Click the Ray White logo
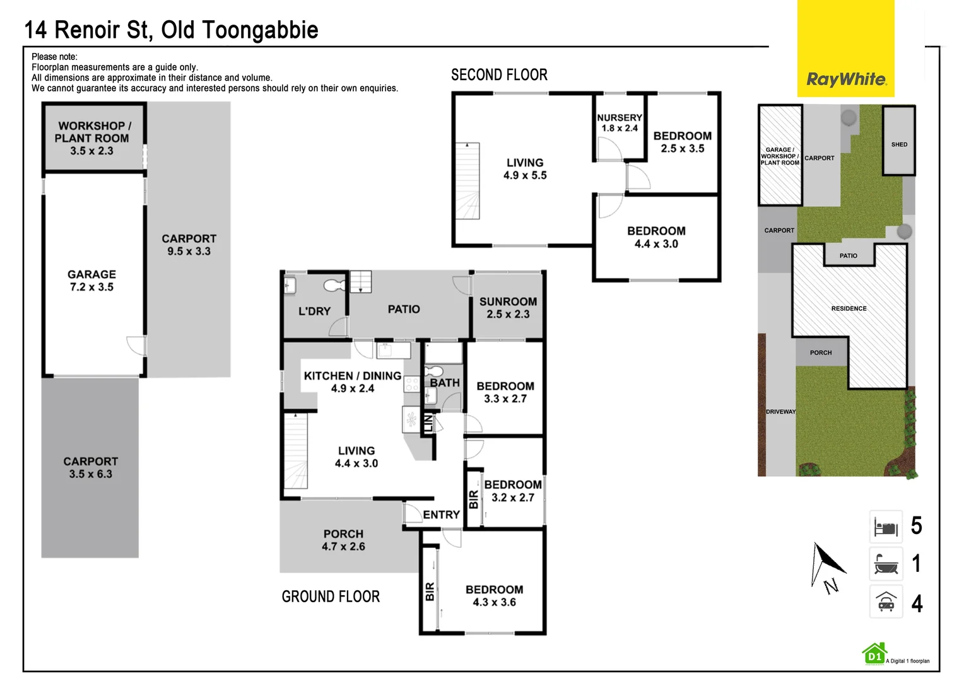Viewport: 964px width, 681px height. pyautogui.click(x=845, y=79)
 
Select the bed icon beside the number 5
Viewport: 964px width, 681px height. pyautogui.click(x=886, y=527)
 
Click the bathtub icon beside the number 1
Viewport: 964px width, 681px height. pyautogui.click(x=886, y=564)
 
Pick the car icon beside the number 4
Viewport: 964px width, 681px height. pyautogui.click(x=886, y=602)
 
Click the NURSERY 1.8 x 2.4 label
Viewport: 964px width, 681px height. pyautogui.click(x=619, y=123)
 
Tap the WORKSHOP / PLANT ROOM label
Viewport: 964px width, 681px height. pyautogui.click(x=92, y=138)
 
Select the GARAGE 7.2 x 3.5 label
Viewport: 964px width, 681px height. pyautogui.click(x=92, y=281)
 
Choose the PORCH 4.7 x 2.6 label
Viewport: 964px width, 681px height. pyautogui.click(x=343, y=540)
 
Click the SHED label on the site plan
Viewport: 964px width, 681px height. pyautogui.click(x=899, y=144)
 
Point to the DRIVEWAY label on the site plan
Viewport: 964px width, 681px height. pyautogui.click(x=780, y=412)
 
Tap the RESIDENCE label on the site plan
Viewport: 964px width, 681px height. pyautogui.click(x=849, y=308)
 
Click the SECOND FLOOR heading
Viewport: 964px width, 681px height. pyautogui.click(x=499, y=75)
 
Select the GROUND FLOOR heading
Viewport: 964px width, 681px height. pyautogui.click(x=331, y=597)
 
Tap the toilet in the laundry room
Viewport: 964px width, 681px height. pyautogui.click(x=334, y=286)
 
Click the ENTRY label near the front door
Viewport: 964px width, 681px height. pyautogui.click(x=441, y=515)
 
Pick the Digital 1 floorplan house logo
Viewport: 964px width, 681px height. pyautogui.click(x=874, y=654)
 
